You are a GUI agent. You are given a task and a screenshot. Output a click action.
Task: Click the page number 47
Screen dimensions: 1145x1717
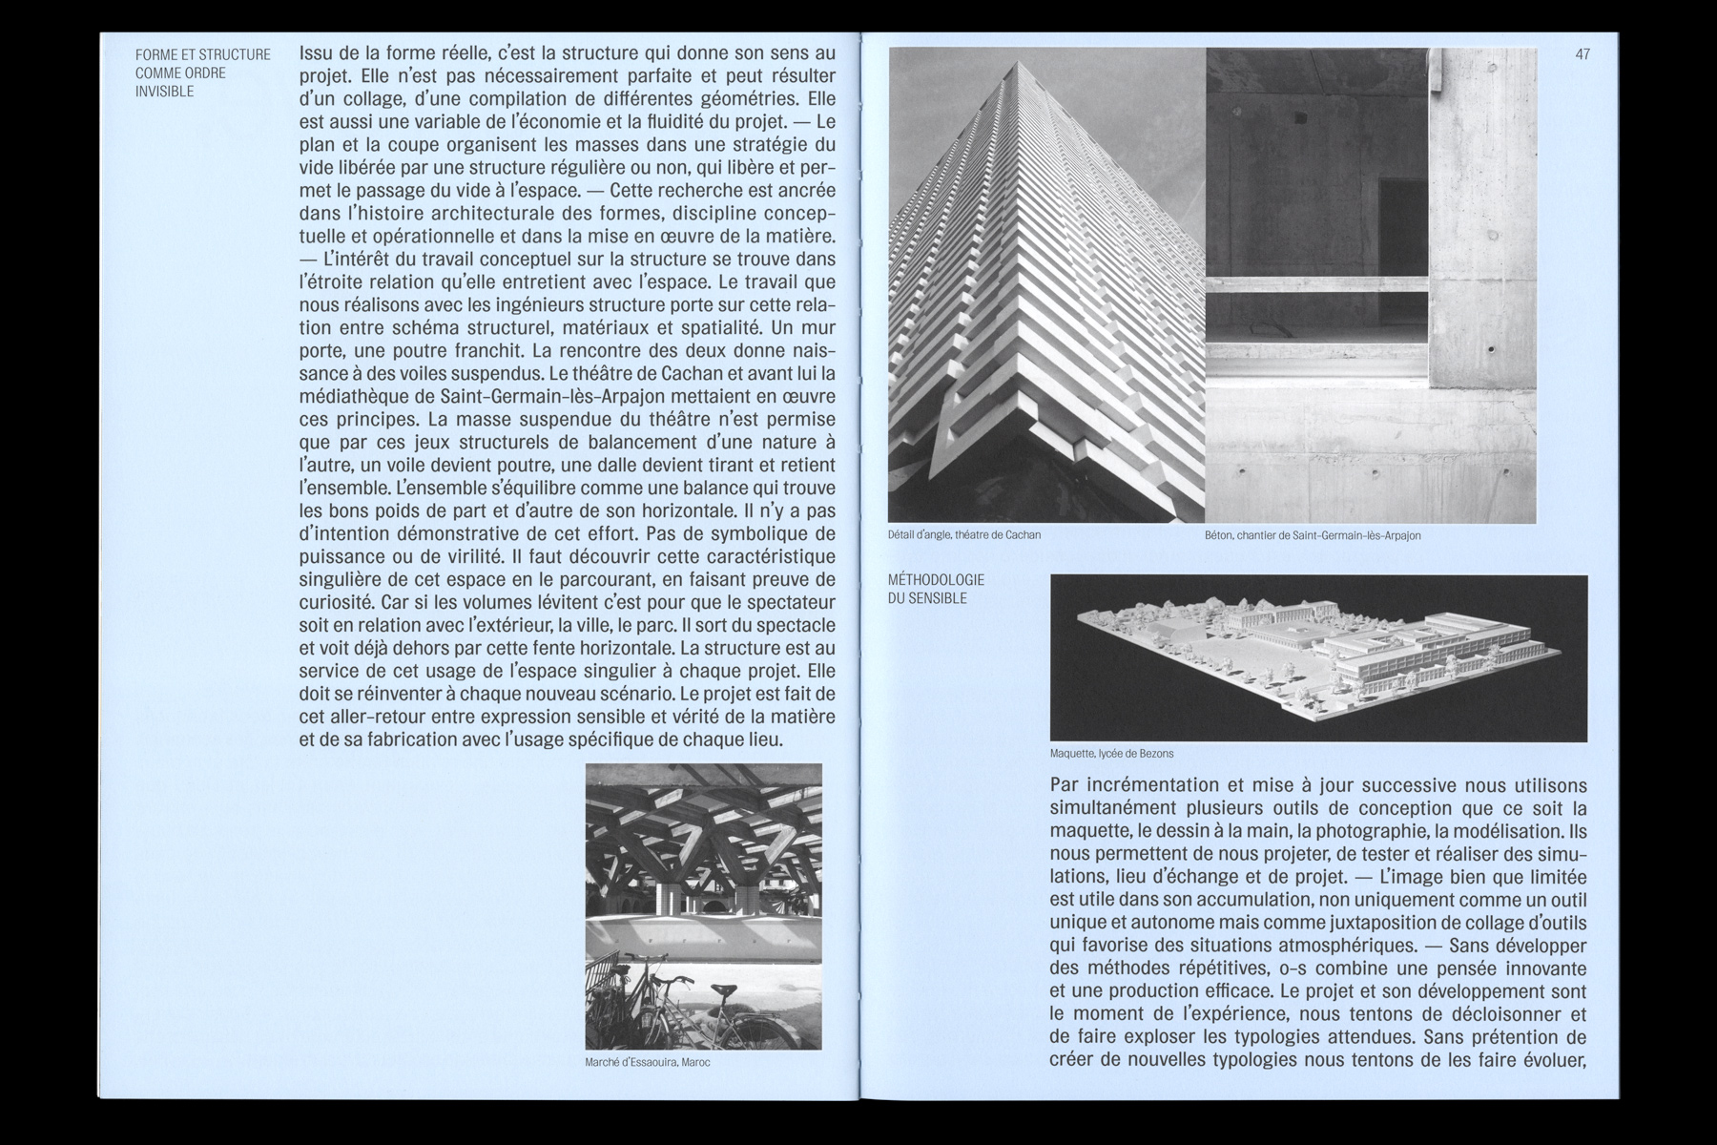(1583, 54)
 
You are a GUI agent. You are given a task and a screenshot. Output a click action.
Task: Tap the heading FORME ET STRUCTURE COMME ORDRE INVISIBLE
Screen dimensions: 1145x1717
(203, 73)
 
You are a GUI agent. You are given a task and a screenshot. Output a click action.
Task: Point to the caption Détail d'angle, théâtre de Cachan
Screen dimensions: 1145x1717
(963, 535)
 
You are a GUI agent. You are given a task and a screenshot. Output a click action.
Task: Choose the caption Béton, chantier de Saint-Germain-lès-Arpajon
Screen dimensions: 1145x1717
(1312, 535)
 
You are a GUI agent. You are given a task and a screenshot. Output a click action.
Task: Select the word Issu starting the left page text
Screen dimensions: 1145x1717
(318, 52)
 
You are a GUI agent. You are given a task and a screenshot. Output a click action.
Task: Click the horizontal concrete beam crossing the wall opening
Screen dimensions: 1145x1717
(1316, 284)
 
